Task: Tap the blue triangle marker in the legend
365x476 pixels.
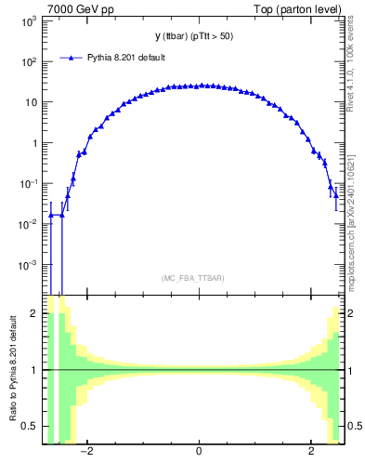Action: [x=72, y=58]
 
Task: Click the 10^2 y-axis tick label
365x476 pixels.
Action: [x=30, y=62]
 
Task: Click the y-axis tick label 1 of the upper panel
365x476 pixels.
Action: [x=35, y=143]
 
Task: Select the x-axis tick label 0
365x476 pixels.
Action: [x=199, y=453]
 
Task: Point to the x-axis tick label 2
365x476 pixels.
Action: [x=311, y=453]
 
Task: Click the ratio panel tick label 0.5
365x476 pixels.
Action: [x=30, y=426]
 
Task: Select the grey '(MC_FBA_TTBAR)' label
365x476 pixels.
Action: [x=193, y=278]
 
